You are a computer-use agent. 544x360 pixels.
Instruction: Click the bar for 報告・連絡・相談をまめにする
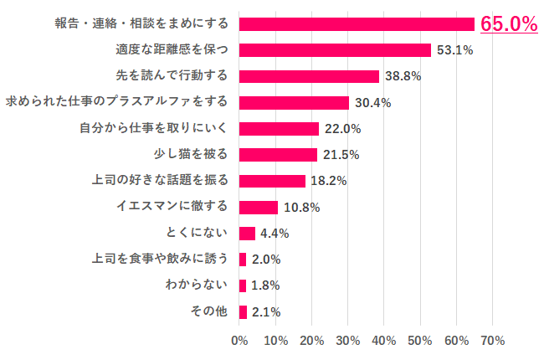point(357,23)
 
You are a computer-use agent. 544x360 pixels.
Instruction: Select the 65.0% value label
point(508,24)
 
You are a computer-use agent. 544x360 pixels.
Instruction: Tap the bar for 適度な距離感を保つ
point(335,50)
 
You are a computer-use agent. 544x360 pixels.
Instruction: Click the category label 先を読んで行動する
point(172,76)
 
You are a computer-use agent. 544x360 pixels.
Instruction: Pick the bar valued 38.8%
point(309,76)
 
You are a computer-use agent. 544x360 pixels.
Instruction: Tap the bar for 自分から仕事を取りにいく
point(279,128)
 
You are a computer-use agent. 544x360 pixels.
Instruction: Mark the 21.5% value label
point(339,155)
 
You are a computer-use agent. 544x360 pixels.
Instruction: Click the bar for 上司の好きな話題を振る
point(272,181)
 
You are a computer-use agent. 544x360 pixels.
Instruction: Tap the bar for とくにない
point(247,233)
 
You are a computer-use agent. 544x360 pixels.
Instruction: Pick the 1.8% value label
point(264,285)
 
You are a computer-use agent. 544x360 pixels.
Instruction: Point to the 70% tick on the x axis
point(493,341)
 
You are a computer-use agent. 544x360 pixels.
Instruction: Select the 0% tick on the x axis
point(239,341)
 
